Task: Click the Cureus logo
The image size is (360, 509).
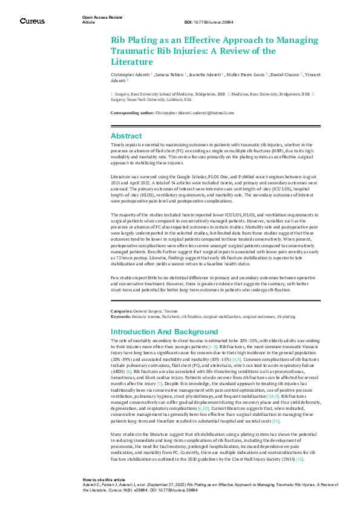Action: pyautogui.click(x=32, y=21)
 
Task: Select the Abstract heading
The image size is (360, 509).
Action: pyautogui.click(x=126, y=136)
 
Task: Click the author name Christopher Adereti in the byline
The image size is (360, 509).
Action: pyautogui.click(x=129, y=74)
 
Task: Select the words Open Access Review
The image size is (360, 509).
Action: pyautogui.click(x=98, y=18)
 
